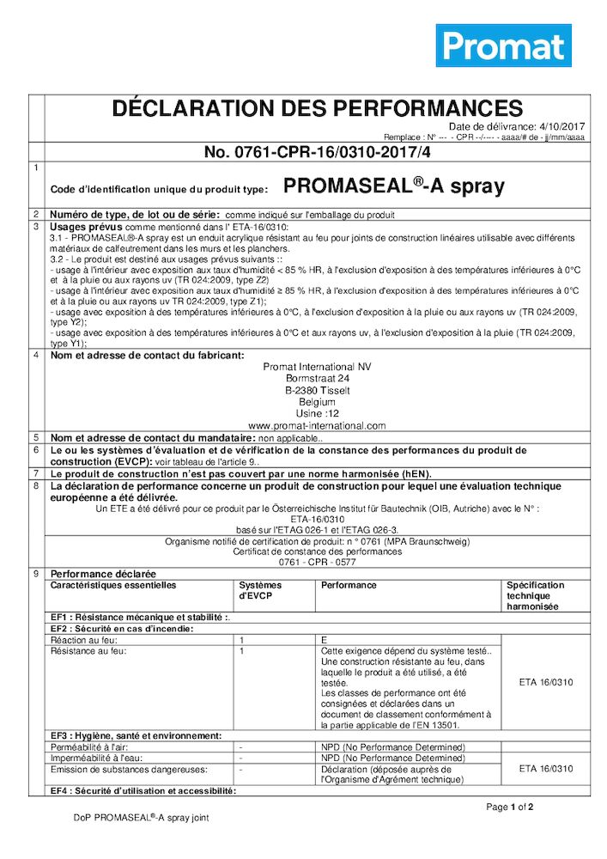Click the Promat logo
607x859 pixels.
point(503,46)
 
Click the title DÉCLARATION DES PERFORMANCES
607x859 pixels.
point(317,108)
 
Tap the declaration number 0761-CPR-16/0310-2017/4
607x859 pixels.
point(317,152)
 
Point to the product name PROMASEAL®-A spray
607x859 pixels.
point(394,186)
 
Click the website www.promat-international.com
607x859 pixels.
point(317,425)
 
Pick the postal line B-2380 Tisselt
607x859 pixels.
point(317,390)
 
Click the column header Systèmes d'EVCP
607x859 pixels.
point(260,590)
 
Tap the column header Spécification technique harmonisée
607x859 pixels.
point(536,595)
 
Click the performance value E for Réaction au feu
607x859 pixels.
point(325,640)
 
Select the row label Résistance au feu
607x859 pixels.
point(88,651)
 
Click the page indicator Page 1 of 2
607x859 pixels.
point(510,807)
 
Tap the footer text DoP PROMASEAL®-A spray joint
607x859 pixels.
point(141,818)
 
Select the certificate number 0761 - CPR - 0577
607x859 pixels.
point(317,561)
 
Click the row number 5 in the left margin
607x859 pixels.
point(36,437)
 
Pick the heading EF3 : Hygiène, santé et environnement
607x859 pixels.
point(137,736)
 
